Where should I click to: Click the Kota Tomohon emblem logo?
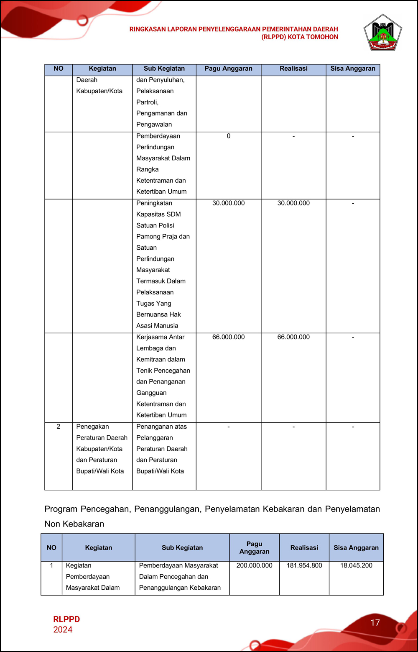(382, 33)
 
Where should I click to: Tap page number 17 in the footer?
(375, 623)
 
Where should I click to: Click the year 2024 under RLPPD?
(63, 630)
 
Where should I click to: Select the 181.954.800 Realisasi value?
(304, 565)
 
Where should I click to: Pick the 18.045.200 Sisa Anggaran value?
(356, 565)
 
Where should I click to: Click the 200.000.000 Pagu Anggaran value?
(254, 565)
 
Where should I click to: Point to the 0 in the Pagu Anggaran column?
(229, 136)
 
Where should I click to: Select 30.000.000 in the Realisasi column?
(293, 203)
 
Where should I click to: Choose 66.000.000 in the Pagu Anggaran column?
(228, 337)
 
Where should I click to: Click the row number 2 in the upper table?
(59, 427)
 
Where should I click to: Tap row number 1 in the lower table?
(51, 565)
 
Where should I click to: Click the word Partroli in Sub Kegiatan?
(147, 102)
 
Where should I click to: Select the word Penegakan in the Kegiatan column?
(92, 427)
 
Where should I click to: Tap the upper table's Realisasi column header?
(293, 69)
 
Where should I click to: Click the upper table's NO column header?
(59, 69)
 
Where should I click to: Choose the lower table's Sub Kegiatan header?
(182, 547)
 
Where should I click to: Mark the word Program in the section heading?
(61, 509)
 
